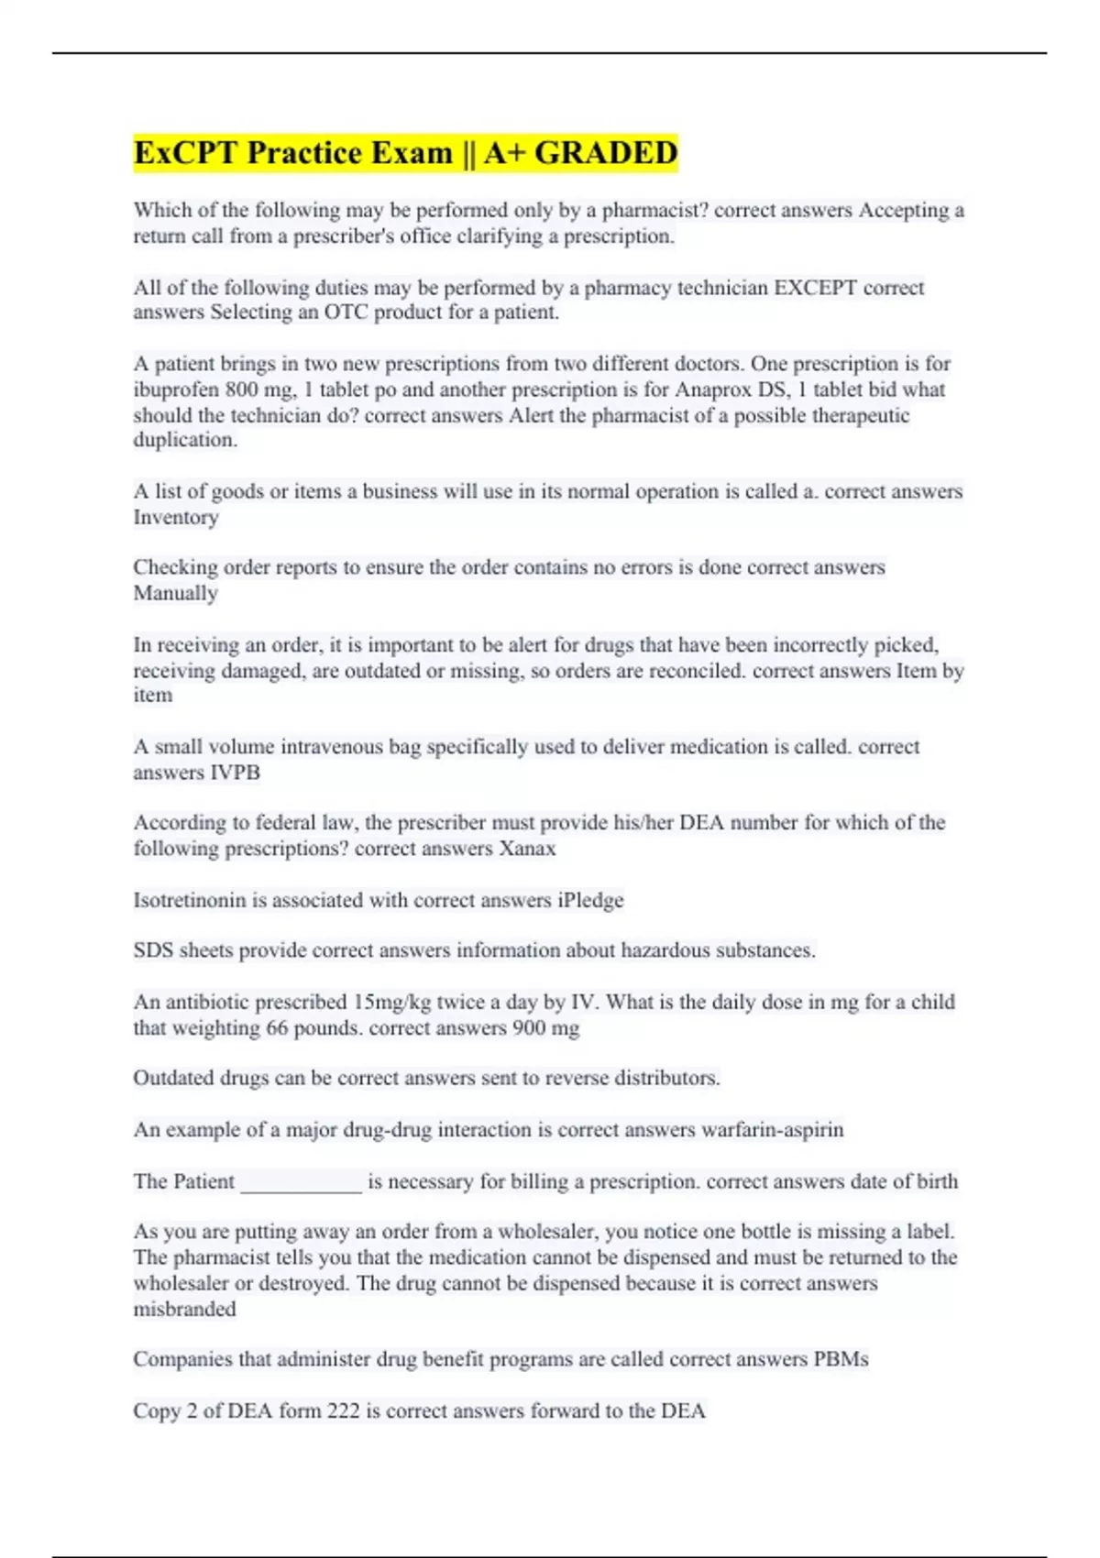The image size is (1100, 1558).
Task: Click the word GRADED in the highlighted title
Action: point(606,153)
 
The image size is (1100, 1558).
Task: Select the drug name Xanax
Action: point(527,849)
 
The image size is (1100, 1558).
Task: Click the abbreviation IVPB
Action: point(236,773)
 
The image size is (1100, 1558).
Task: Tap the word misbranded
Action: point(184,1310)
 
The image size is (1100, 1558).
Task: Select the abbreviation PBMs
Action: point(841,1359)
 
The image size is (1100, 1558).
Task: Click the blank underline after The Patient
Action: point(301,1182)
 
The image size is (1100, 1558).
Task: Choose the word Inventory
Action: point(176,518)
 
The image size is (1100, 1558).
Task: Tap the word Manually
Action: point(176,594)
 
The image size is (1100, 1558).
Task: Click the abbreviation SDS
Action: point(153,950)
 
